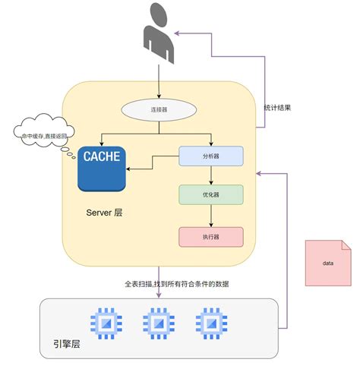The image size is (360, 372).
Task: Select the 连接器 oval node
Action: pyautogui.click(x=159, y=109)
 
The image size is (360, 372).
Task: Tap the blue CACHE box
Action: pyautogui.click(x=101, y=169)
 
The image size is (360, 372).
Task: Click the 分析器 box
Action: pyautogui.click(x=211, y=156)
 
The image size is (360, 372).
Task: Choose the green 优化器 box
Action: pyautogui.click(x=211, y=195)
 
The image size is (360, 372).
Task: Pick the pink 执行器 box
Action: pyautogui.click(x=211, y=237)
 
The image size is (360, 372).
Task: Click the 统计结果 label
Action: pyautogui.click(x=277, y=108)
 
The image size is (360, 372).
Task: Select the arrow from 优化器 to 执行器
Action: pyautogui.click(x=211, y=216)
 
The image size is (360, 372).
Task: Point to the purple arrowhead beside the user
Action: pyautogui.click(x=177, y=33)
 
